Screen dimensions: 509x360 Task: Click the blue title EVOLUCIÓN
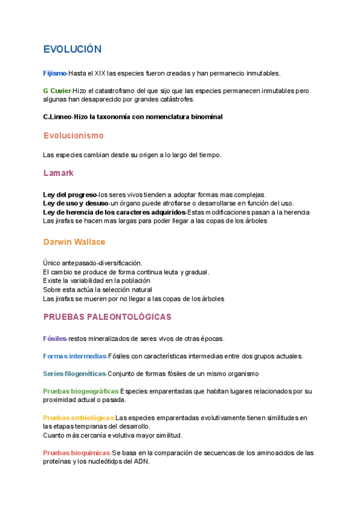coord(72,49)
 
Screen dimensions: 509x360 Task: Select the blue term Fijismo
coord(55,73)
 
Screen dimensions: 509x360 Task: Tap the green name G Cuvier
coord(57,91)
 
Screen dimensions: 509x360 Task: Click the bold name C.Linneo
coord(57,116)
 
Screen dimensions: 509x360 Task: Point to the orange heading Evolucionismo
coord(73,136)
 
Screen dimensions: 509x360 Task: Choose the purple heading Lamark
coord(58,173)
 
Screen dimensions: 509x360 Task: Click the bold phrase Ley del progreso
coord(70,194)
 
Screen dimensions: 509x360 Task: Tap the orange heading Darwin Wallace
coord(74,242)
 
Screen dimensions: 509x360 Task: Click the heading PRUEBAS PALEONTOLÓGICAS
coord(107,316)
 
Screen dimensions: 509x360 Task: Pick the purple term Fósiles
coord(55,339)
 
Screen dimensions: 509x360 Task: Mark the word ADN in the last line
coord(140,462)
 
